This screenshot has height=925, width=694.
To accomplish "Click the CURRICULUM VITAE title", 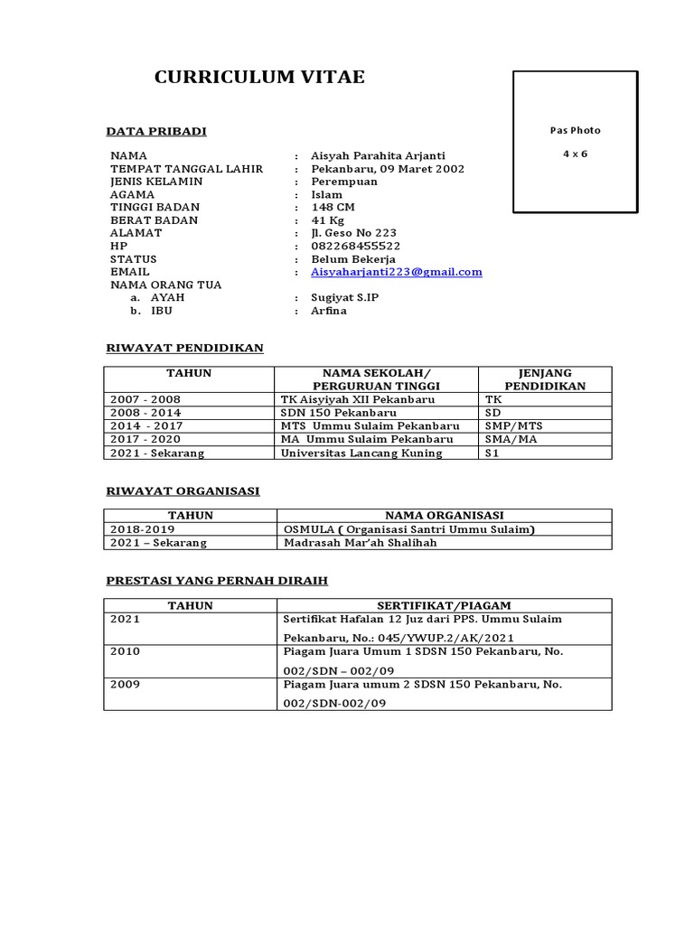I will point(259,78).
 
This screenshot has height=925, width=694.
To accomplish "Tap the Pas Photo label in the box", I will point(575,130).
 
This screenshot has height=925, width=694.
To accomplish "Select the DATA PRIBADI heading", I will point(156,132).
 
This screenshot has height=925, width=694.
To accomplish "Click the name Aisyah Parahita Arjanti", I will point(378,155).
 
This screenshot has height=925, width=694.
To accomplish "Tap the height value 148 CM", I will point(333,207).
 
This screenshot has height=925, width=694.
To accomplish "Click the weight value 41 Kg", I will point(330,220).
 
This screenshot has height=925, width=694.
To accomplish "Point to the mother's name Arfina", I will point(328,311).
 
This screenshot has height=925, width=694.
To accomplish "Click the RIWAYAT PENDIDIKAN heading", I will point(184,348).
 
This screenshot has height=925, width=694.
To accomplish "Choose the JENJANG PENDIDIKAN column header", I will point(545,379).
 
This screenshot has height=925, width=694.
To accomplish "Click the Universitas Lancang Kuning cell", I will point(361,453).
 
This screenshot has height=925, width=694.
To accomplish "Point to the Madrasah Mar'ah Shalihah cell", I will point(360,543).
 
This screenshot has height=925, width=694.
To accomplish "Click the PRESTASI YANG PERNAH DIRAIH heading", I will point(217,580).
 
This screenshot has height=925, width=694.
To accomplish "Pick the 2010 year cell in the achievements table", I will point(126,650).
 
